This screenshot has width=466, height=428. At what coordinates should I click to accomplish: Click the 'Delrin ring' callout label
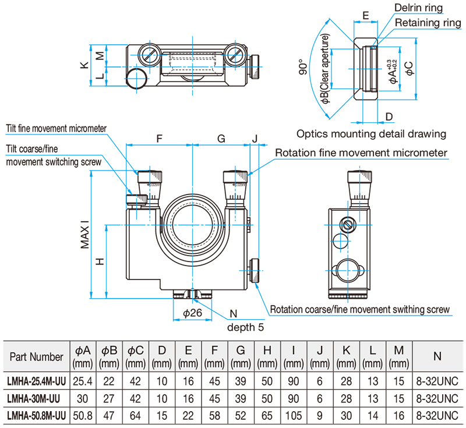(418, 8)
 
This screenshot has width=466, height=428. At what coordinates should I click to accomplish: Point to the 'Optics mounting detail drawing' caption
(371, 133)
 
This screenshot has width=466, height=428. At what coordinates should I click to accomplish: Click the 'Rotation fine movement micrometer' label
(361, 153)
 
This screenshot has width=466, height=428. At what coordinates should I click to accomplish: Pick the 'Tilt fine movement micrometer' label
(57, 129)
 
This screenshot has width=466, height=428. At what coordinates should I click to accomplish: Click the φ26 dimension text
(192, 313)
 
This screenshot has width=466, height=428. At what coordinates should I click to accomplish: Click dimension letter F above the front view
(160, 139)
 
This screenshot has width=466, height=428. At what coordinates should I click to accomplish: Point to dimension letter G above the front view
(221, 139)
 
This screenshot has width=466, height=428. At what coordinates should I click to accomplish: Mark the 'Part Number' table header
(36, 356)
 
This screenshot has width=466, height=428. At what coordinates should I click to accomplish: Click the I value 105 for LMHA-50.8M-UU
(294, 416)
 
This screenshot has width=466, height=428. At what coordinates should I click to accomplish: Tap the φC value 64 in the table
(135, 416)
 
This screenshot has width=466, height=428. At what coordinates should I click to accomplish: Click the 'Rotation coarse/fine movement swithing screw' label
(360, 309)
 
